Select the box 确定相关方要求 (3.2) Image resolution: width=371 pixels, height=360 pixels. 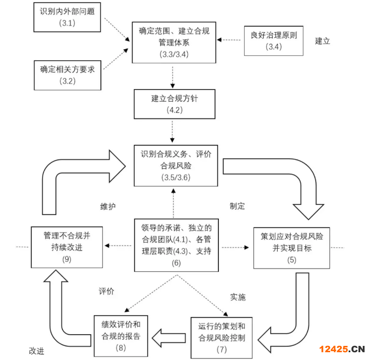click(68, 75)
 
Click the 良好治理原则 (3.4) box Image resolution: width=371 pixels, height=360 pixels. click(273, 41)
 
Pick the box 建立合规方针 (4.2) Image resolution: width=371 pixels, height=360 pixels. click(174, 104)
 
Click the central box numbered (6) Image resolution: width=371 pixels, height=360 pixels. click(176, 245)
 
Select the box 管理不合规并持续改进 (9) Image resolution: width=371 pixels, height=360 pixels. click(67, 247)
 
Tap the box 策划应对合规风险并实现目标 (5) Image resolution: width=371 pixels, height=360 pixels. click(292, 247)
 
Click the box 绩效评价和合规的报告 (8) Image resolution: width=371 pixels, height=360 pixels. click(121, 335)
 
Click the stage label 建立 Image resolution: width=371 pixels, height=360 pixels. click(322, 41)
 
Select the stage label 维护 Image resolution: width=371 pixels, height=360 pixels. click(107, 206)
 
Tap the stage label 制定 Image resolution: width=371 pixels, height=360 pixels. click(237, 206)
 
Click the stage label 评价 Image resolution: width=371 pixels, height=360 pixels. click(106, 292)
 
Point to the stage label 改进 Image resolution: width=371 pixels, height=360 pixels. click(37, 350)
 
